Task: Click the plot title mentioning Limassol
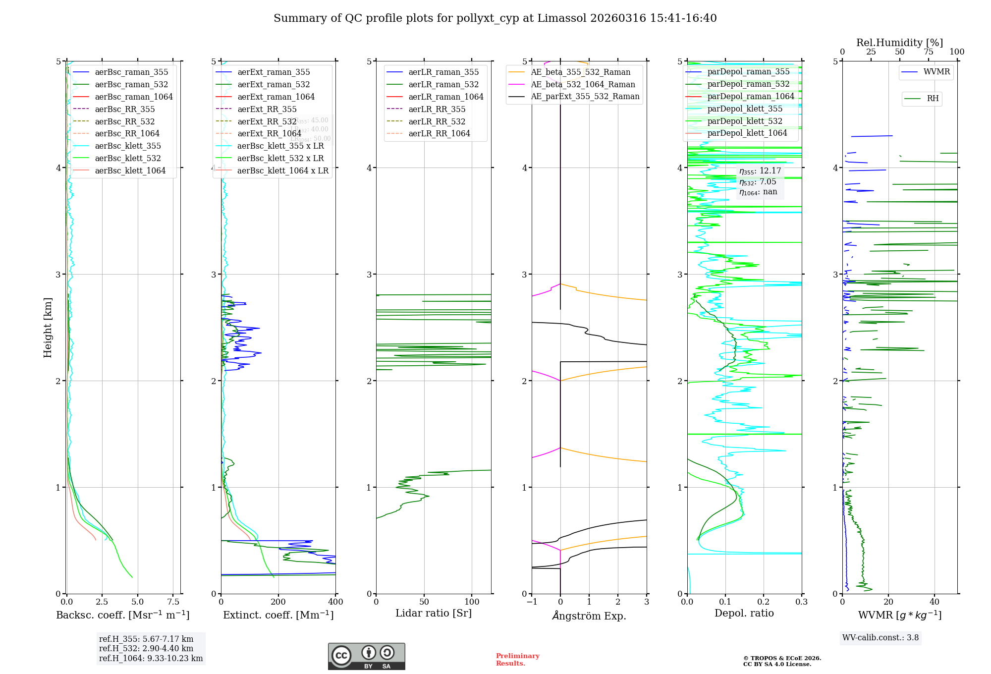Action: coord(495,18)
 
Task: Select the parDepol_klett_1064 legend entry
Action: coord(747,133)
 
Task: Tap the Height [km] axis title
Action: coord(48,328)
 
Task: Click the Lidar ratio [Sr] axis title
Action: coord(434,613)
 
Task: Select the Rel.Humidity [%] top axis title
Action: coord(899,43)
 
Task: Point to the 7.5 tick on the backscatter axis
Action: coord(173,602)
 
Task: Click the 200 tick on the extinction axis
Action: coord(278,602)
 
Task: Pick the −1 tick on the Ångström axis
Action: coord(532,602)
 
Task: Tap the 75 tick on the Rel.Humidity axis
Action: coord(929,52)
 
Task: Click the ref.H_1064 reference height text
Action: coord(151,658)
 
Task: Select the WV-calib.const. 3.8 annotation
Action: coord(881,637)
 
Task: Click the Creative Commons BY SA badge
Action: coord(366,656)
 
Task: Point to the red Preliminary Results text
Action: coord(517,659)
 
